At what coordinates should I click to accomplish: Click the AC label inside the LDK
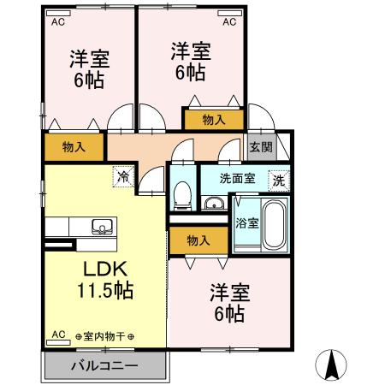coord(59,335)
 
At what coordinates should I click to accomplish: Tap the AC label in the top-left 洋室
coord(59,23)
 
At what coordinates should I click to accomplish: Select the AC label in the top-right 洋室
coord(229,23)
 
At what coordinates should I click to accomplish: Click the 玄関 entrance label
coord(260,147)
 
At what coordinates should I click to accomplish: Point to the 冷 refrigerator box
coord(123,178)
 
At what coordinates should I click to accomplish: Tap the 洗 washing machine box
coord(278,181)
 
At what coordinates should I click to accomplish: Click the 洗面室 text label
coord(237,180)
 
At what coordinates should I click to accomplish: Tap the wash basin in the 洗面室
coord(214,203)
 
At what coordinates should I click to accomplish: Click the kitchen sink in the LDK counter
coord(101,227)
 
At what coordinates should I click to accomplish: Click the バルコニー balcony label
coord(104,366)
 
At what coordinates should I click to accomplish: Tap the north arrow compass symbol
coord(332,365)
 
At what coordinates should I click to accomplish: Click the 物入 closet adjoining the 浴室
coord(198,241)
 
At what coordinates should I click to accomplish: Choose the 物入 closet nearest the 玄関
coord(214,121)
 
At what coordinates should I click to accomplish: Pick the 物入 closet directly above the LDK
coord(74,147)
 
